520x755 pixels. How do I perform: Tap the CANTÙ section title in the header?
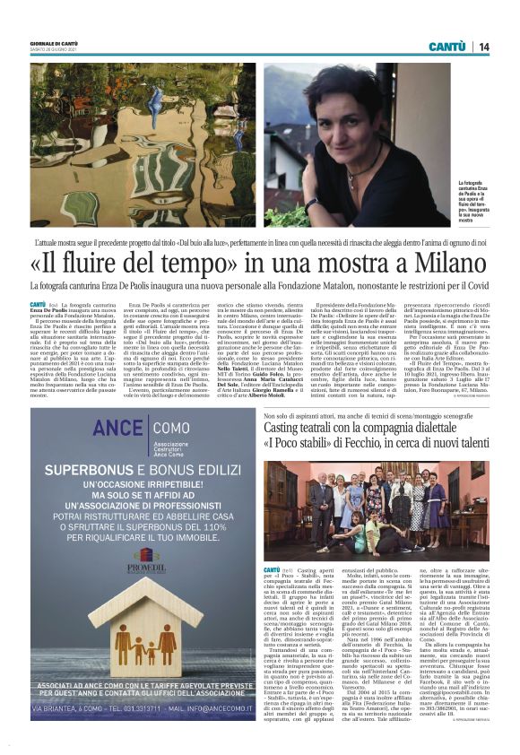click(446, 47)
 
